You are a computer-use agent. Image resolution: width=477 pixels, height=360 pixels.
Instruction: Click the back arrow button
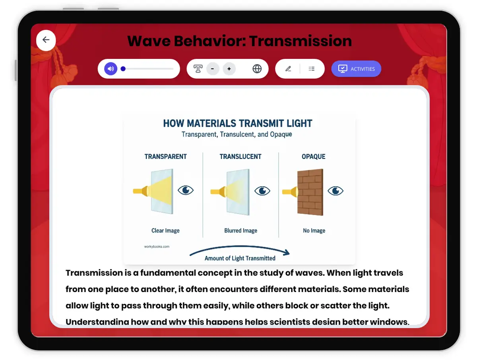tap(46, 40)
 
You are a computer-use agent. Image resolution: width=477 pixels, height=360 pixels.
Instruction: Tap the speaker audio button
tap(111, 69)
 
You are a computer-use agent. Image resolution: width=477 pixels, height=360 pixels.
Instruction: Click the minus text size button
tap(213, 69)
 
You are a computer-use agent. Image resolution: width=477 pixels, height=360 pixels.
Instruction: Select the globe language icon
tap(257, 69)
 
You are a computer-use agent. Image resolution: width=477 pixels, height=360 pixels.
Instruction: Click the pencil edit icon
tap(288, 69)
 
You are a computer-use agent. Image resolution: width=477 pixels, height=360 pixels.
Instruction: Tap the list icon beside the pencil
tap(312, 69)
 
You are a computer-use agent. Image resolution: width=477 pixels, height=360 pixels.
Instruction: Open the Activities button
tap(356, 69)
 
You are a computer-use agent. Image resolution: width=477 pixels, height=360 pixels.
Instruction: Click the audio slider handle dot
tap(123, 69)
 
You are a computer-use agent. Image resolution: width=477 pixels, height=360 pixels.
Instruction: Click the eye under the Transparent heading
tap(185, 190)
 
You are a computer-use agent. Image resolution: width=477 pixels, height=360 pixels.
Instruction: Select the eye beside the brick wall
tap(335, 191)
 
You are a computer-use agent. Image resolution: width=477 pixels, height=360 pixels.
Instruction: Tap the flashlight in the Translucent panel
tap(218, 192)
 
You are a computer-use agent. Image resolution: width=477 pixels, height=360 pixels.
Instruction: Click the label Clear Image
tap(165, 230)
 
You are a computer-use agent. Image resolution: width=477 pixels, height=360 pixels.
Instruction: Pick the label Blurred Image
tap(240, 230)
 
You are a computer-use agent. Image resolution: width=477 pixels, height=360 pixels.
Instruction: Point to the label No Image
tap(314, 230)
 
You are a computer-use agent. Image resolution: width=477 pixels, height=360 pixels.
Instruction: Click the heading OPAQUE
tap(314, 157)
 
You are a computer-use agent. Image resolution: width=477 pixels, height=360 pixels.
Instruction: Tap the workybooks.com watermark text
tap(157, 246)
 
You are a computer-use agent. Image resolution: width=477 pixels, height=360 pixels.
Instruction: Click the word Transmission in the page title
tap(301, 41)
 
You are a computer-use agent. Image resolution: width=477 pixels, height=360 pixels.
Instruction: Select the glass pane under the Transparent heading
tap(162, 192)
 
